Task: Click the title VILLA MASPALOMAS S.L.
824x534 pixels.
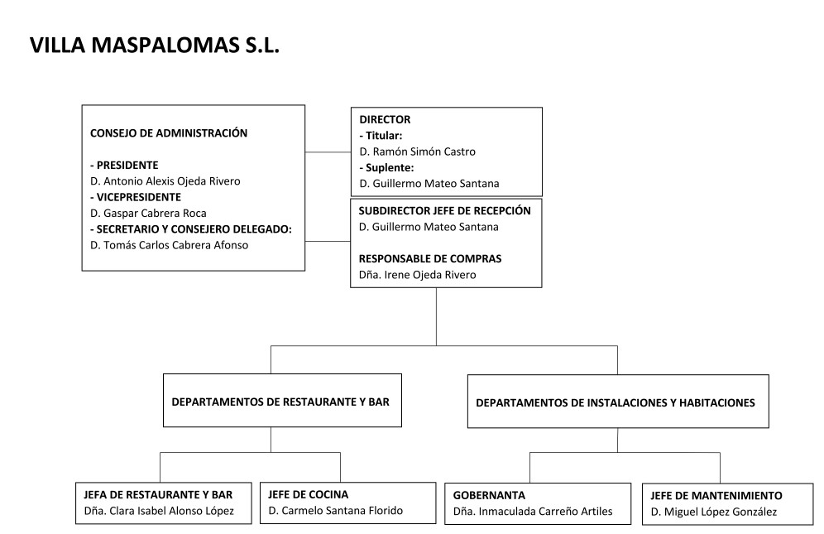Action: pyautogui.click(x=155, y=46)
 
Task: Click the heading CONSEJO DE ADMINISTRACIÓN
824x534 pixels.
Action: pyautogui.click(x=169, y=132)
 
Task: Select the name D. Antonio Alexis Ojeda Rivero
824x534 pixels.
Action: pyautogui.click(x=165, y=181)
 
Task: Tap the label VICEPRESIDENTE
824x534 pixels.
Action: pyautogui.click(x=136, y=197)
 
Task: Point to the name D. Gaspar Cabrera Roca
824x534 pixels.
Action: pyautogui.click(x=148, y=213)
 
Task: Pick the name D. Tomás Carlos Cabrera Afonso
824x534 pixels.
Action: pyautogui.click(x=170, y=245)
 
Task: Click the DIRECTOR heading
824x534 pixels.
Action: pyautogui.click(x=385, y=119)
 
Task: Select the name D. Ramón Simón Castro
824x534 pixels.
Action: pyautogui.click(x=417, y=152)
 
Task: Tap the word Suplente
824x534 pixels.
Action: pyautogui.click(x=390, y=168)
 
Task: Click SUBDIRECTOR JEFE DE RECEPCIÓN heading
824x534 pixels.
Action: pyautogui.click(x=444, y=211)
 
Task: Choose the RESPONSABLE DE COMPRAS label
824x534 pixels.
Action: pyautogui.click(x=430, y=259)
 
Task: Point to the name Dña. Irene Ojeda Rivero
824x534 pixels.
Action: pyautogui.click(x=417, y=275)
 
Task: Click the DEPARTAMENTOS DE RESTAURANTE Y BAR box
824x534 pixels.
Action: pyautogui.click(x=282, y=401)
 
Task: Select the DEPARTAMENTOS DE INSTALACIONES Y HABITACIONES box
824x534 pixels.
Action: pyautogui.click(x=618, y=402)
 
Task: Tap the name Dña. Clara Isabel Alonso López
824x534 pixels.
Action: pyautogui.click(x=159, y=511)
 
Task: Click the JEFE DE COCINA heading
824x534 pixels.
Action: pyautogui.click(x=308, y=494)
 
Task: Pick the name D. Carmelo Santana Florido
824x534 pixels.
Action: pyautogui.click(x=335, y=510)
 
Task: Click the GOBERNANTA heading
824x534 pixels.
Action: pyautogui.click(x=489, y=496)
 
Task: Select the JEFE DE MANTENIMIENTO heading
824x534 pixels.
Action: pyautogui.click(x=716, y=496)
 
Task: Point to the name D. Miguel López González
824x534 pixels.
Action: pyautogui.click(x=714, y=512)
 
